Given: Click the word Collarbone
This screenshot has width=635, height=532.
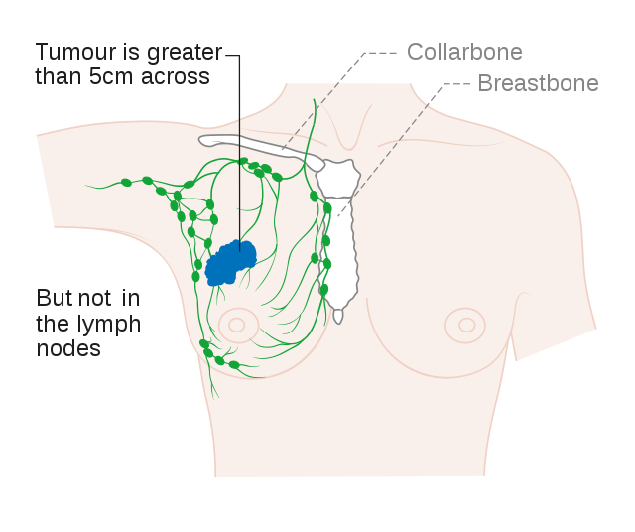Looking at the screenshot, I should tap(464, 52).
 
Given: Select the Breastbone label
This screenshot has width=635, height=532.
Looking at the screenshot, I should tap(538, 83).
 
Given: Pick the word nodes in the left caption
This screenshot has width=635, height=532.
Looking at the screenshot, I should tap(68, 348).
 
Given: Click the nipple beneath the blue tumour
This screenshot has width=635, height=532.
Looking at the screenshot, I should tap(237, 324).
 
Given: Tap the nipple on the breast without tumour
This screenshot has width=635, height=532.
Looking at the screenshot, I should tap(463, 324).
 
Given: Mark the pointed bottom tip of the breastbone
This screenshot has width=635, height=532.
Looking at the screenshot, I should tap(338, 318).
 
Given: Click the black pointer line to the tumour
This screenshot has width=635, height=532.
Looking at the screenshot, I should tap(239, 149).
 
